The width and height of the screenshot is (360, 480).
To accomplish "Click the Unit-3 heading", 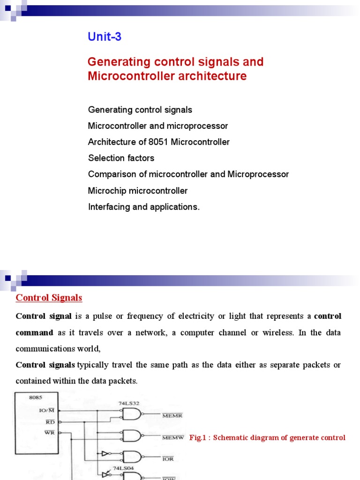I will (105, 37).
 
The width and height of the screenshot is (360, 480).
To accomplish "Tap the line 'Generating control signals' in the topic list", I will (140, 110).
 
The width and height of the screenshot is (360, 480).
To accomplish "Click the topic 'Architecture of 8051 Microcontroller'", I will (158, 142).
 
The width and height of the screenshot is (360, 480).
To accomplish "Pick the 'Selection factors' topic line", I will (121, 158).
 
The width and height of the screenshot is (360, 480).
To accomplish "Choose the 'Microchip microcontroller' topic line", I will (137, 191).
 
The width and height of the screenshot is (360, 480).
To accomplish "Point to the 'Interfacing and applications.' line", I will (143, 207).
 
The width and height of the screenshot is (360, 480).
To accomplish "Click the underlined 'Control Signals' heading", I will (49, 298).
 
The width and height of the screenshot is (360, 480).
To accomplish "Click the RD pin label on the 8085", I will (50, 422).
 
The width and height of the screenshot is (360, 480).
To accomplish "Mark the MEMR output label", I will (172, 415).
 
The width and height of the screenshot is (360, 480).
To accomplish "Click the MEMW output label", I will (172, 437).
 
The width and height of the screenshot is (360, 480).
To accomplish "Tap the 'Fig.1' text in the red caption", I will (197, 438).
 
